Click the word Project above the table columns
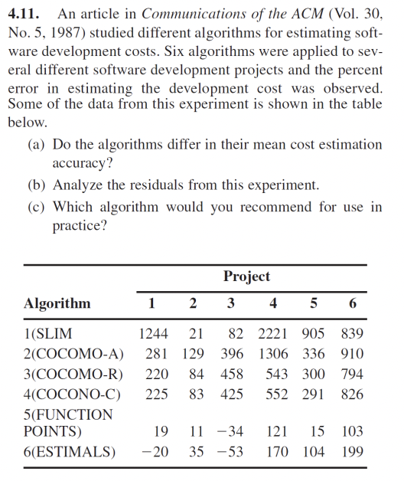tap(246, 276)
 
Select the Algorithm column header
tap(57, 303)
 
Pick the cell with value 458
tap(231, 375)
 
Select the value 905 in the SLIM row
tap(313, 334)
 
